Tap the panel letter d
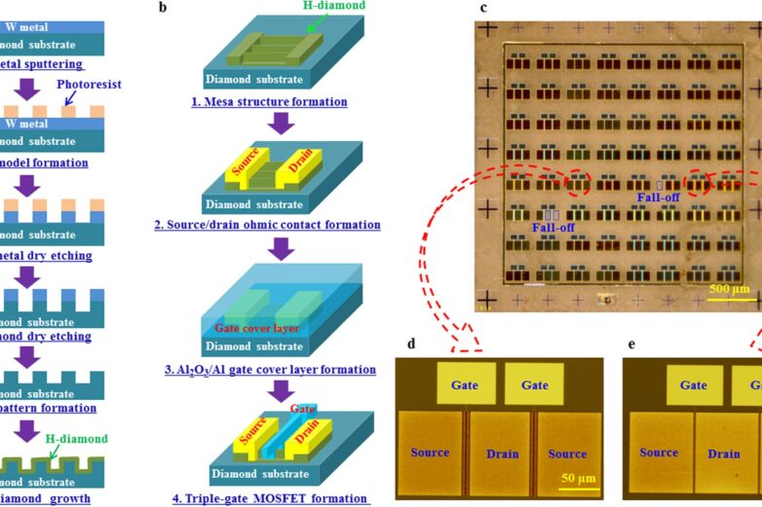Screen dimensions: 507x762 412,344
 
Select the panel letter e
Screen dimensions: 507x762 632,344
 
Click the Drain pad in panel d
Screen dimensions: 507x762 504,453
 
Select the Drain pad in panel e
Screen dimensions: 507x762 724,453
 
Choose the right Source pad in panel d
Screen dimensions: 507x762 567,453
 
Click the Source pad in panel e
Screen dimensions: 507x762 659,452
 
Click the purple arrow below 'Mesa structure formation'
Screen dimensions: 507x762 281,123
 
